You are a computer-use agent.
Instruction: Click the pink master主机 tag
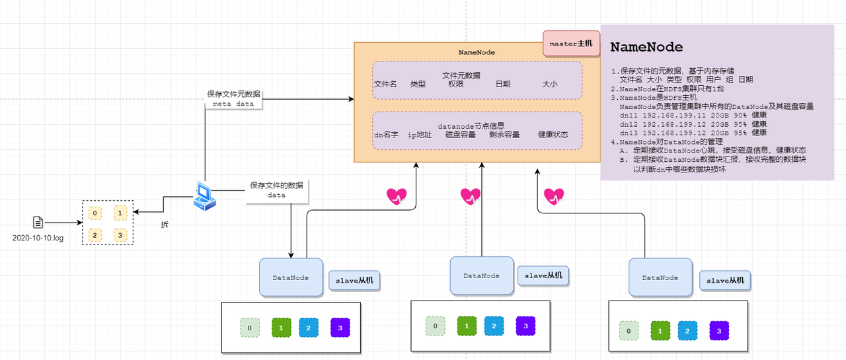click(x=571, y=44)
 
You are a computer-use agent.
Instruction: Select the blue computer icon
click(x=204, y=196)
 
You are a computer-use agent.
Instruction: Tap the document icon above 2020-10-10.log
click(x=38, y=222)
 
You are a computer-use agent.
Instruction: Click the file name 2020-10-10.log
click(x=38, y=238)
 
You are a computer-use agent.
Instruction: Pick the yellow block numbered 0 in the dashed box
click(x=95, y=213)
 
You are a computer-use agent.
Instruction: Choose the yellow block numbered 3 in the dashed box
click(x=120, y=235)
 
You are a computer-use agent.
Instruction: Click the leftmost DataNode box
click(x=291, y=277)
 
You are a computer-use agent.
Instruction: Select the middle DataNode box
click(x=482, y=276)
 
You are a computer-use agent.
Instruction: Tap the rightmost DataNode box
click(x=660, y=277)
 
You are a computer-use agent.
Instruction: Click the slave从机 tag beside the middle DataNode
click(x=543, y=276)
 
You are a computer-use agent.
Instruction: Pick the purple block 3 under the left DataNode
click(x=340, y=328)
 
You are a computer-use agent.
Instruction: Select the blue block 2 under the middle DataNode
click(x=494, y=326)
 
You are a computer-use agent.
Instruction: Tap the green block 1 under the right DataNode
click(x=660, y=331)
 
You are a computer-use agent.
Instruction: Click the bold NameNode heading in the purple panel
click(x=646, y=47)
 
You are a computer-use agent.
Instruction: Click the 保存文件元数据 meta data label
click(x=233, y=99)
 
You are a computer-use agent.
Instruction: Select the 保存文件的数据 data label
click(x=276, y=190)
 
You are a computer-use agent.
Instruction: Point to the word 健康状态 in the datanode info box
click(x=553, y=135)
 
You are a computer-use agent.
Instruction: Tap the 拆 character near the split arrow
click(x=165, y=225)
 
